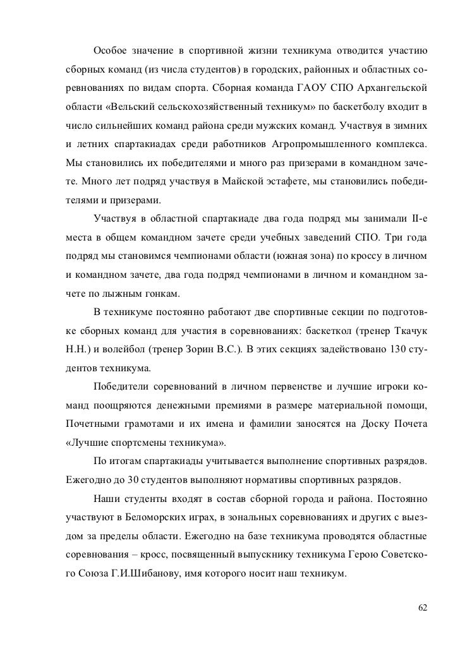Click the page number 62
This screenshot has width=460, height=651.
tap(423, 607)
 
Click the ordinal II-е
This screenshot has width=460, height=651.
tap(418, 220)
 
